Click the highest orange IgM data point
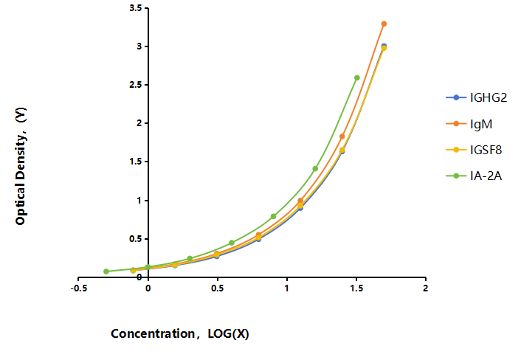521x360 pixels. [x=384, y=24]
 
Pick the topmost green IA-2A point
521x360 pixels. [x=357, y=77]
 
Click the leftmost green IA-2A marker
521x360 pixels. [x=106, y=271]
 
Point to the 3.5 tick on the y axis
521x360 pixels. [x=136, y=8]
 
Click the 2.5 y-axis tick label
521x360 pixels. [x=136, y=85]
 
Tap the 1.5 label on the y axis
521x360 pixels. [x=136, y=162]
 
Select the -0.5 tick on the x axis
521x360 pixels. [x=79, y=288]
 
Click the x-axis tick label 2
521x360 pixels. [x=425, y=288]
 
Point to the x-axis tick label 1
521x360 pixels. [x=286, y=288]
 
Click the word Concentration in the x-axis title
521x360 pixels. [x=153, y=333]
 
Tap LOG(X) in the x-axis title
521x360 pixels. [x=228, y=333]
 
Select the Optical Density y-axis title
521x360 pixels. [x=21, y=166]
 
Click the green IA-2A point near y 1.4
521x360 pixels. [x=315, y=169]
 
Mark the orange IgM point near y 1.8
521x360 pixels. [x=342, y=136]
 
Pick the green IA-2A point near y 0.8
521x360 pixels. [x=274, y=216]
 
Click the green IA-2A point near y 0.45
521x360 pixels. [x=232, y=243]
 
